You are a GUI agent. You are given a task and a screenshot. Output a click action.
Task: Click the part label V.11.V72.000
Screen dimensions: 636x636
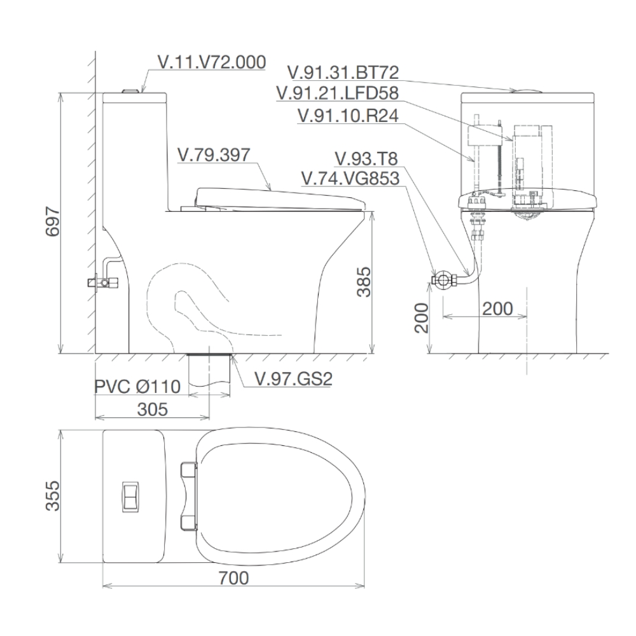[x=212, y=63]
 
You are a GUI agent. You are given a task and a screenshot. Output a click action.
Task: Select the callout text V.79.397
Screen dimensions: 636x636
[x=214, y=155]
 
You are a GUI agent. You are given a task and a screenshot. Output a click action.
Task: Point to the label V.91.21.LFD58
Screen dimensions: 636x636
[x=337, y=94]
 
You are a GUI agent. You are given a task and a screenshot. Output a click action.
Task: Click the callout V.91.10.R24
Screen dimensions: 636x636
[x=347, y=116]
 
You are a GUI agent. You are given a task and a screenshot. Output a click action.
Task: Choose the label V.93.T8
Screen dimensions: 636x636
[x=366, y=158]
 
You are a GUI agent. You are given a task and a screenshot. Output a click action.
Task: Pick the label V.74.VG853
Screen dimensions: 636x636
[x=350, y=179]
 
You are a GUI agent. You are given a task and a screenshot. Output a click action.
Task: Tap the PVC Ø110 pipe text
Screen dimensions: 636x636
[x=138, y=386]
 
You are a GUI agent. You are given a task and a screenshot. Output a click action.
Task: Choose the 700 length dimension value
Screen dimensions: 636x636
[x=233, y=578]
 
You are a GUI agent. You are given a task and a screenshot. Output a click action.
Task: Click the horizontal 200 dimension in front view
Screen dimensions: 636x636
[x=497, y=308]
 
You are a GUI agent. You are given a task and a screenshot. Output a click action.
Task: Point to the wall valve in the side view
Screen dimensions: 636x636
[x=104, y=279]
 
